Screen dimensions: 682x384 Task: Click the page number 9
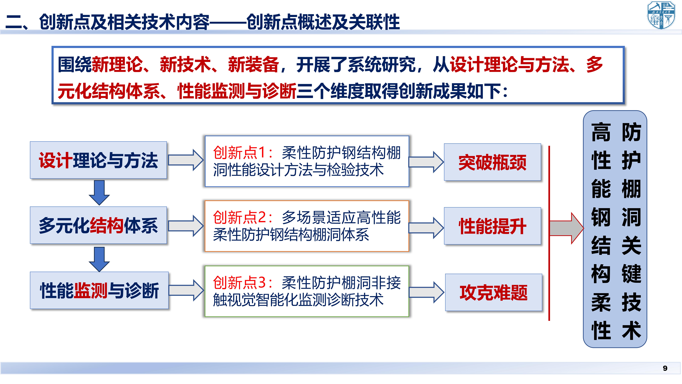(x=665, y=368)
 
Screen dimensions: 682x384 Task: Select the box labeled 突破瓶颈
(x=492, y=162)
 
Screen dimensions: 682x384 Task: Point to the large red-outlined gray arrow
(x=567, y=228)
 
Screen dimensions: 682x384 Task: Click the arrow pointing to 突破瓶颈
(x=426, y=162)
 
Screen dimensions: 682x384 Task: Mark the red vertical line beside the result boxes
(x=549, y=233)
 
